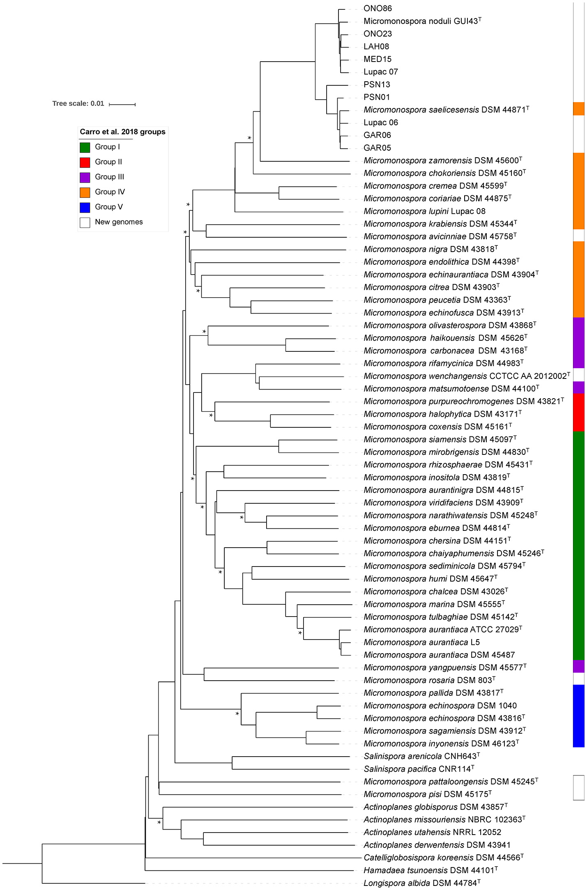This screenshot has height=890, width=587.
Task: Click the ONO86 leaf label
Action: [x=378, y=9]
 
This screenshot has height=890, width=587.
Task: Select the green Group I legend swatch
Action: [x=85, y=147]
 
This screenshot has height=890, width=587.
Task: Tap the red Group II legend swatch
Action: [x=85, y=162]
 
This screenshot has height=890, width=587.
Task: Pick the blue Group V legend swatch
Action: [x=85, y=207]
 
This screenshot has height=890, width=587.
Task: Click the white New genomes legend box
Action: [x=85, y=222]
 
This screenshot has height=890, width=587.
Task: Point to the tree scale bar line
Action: [x=122, y=105]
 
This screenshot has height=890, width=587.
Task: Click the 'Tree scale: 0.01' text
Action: [x=78, y=103]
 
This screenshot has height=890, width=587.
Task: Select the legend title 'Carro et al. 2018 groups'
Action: [x=122, y=132]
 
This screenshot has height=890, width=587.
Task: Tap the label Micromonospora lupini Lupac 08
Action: [x=424, y=211]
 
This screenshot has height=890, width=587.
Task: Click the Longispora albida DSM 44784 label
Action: [x=422, y=883]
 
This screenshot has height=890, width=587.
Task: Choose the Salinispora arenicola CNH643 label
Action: [x=421, y=756]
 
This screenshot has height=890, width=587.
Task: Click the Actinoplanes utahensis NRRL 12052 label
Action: [x=432, y=832]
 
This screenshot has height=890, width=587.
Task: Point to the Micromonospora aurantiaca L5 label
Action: [x=421, y=642]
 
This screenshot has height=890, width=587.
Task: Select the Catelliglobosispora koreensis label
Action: [x=443, y=857]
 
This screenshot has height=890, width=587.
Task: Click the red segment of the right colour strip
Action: [x=578, y=412]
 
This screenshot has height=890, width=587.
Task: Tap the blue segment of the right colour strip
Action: [x=578, y=716]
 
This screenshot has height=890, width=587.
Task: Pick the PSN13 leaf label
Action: [x=377, y=85]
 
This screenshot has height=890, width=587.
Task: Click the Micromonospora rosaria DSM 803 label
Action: [x=429, y=680]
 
